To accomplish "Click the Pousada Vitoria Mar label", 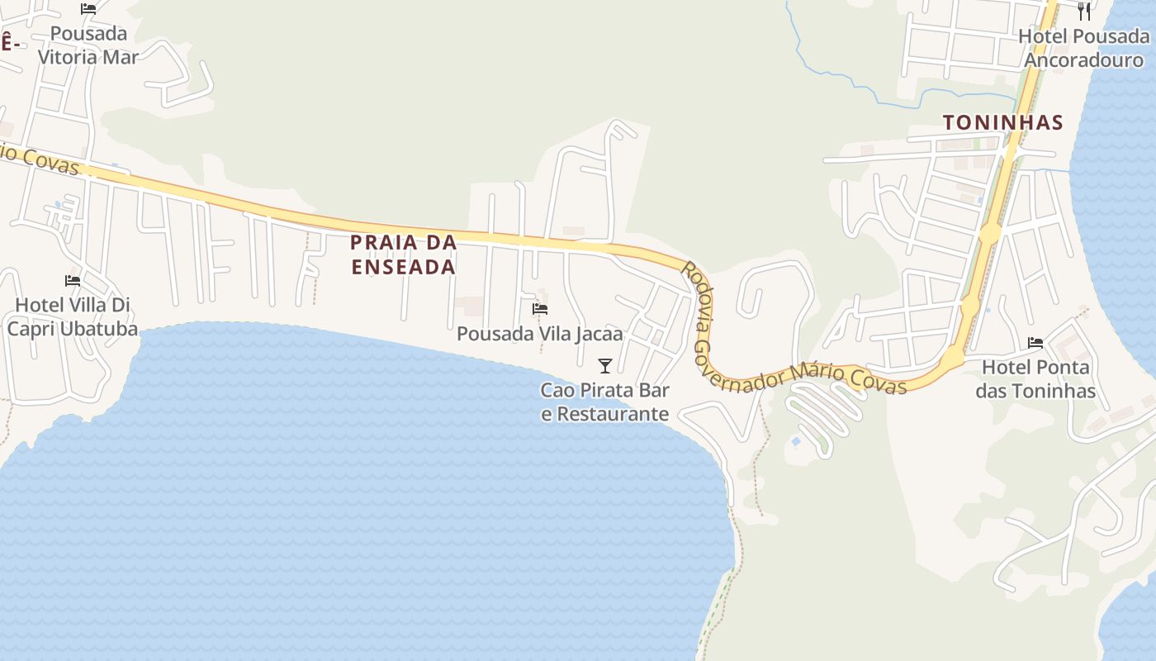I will (88, 45).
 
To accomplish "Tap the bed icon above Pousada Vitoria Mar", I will (88, 9).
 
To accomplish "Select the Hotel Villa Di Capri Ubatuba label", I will (73, 316).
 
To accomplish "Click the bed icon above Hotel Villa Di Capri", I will (73, 281).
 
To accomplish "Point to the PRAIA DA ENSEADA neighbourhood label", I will (404, 254).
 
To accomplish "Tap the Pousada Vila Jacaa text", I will (540, 334).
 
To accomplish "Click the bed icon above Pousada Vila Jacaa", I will (540, 309).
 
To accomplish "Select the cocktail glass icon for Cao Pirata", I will (605, 365).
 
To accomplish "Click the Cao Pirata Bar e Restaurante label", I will (605, 402).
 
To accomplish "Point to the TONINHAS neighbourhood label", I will (1002, 123).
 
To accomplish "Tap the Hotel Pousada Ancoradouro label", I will (1083, 48).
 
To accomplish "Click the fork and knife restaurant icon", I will (1084, 11).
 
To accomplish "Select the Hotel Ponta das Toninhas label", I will (1035, 378).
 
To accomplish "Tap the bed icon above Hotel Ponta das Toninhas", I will (1035, 343).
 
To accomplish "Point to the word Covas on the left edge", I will (50, 163).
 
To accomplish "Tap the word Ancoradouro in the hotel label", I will (1083, 60).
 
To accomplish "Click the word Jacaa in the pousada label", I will (599, 334).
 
